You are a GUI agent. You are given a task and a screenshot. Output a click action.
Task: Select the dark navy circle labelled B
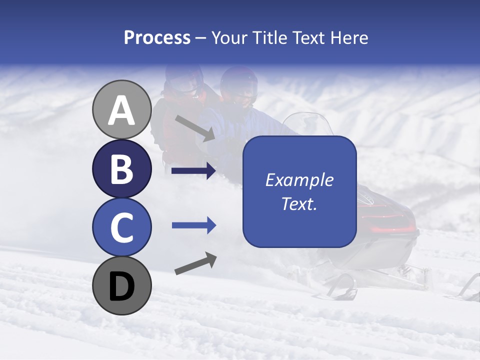[121, 168]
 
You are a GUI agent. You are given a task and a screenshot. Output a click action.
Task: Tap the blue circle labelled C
[121, 227]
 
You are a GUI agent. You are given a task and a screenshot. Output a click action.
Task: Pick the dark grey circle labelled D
[121, 285]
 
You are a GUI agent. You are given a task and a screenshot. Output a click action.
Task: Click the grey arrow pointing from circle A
[195, 128]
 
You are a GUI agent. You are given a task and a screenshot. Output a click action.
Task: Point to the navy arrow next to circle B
[193, 171]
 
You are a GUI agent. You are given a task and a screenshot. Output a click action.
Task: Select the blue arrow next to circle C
[193, 225]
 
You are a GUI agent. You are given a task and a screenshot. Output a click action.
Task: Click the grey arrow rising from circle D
[195, 263]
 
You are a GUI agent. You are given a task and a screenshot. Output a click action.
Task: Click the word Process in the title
[157, 38]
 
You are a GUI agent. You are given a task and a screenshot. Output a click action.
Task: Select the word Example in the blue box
[299, 180]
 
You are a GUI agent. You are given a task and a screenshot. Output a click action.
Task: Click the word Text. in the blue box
[299, 203]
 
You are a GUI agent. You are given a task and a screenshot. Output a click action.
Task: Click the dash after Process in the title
[200, 38]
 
